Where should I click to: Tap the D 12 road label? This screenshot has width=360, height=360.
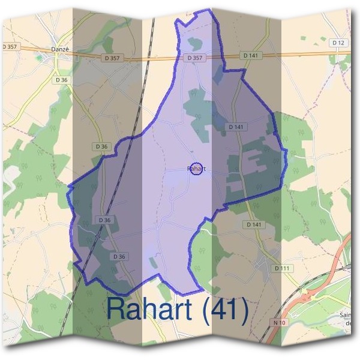pyautogui.click(x=339, y=42)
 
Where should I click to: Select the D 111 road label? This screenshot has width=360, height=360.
pyautogui.click(x=281, y=268)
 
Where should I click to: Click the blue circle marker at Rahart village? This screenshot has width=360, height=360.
pyautogui.click(x=196, y=169)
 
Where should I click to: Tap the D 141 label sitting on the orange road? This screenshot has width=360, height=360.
pyautogui.click(x=250, y=55)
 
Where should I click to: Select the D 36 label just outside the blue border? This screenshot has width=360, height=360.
pyautogui.click(x=101, y=146)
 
